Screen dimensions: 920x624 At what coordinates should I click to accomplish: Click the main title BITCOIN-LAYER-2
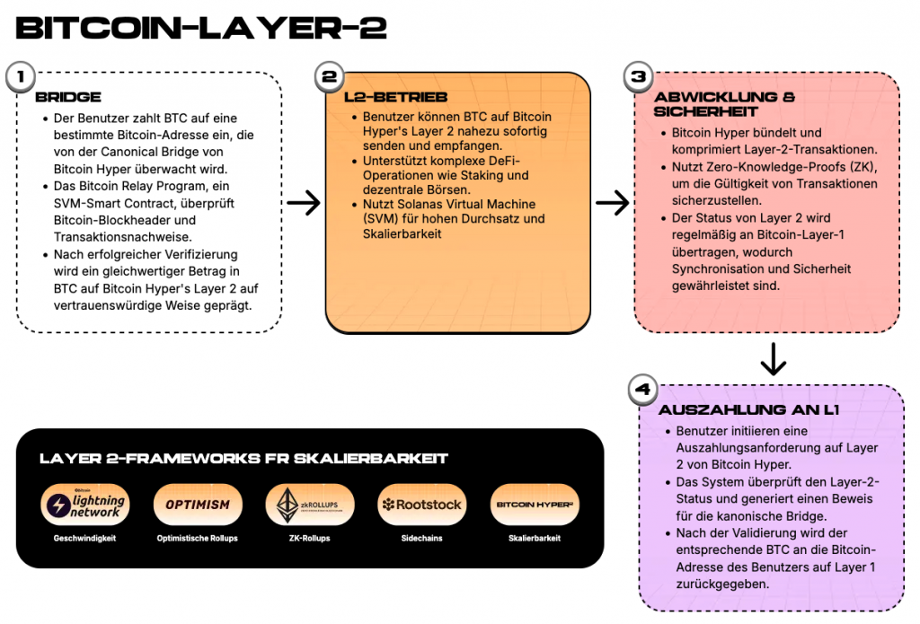pos(201,28)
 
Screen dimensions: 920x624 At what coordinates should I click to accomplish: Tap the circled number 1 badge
pos(22,77)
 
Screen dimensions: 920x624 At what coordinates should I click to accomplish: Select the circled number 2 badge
pos(330,77)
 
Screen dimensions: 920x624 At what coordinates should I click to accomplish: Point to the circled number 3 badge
pos(639,77)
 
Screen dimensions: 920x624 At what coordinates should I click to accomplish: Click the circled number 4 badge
pos(643,390)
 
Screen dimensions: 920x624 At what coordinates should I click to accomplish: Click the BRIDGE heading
pos(68,97)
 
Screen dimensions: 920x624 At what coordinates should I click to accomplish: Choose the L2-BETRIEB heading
pos(396,97)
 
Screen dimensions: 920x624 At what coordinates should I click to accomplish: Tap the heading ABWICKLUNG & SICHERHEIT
pos(725,104)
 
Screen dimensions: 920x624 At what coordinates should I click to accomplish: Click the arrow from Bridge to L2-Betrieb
pos(304,203)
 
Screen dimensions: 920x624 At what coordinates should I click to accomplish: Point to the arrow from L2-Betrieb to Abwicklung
pos(613,203)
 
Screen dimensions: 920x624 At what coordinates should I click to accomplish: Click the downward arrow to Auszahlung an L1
pos(774,359)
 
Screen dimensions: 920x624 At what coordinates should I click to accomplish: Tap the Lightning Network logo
pos(85,505)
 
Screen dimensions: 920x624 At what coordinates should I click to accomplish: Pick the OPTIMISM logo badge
pos(198,505)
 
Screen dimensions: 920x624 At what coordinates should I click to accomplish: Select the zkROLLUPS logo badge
pos(310,505)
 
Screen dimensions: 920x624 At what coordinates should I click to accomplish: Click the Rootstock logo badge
pos(422,505)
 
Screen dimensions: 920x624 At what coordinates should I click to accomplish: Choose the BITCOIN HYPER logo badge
pos(535,505)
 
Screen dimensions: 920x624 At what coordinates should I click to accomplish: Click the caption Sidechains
pos(422,539)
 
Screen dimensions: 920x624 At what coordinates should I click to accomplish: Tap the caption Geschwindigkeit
pos(84,539)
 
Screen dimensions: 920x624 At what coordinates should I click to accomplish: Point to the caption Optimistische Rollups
pos(197,539)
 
